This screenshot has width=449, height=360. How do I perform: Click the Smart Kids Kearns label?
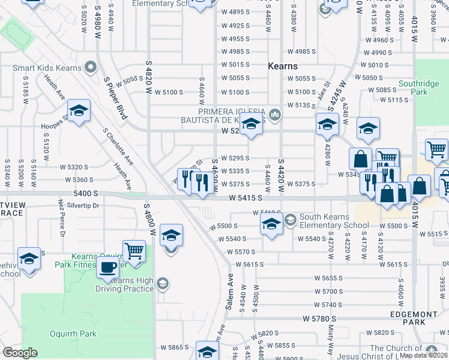[x=47, y=68]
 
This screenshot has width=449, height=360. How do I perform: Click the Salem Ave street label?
[x=229, y=292]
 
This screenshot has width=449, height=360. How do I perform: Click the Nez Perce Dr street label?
[x=61, y=217]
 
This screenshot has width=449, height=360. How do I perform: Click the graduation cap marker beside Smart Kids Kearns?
[x=79, y=112]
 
